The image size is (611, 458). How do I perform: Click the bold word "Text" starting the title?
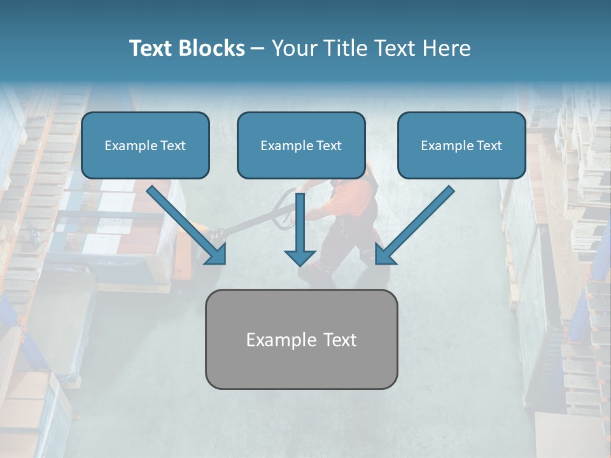[x=153, y=48]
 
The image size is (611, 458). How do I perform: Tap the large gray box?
[x=301, y=366]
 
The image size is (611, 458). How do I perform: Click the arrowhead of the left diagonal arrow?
[x=216, y=254]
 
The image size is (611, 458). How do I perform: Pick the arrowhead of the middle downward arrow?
[x=300, y=258]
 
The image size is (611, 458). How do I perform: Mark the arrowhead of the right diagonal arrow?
[x=384, y=254]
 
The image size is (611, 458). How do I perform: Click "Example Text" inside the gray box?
[x=301, y=340]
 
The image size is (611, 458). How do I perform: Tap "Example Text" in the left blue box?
[x=145, y=146]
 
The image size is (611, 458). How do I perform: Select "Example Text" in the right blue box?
[x=461, y=146]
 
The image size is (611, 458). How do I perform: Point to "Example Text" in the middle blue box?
[x=301, y=146]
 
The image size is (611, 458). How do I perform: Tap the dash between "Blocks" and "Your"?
[x=258, y=48]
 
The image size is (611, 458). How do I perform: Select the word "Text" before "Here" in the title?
[x=395, y=48]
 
